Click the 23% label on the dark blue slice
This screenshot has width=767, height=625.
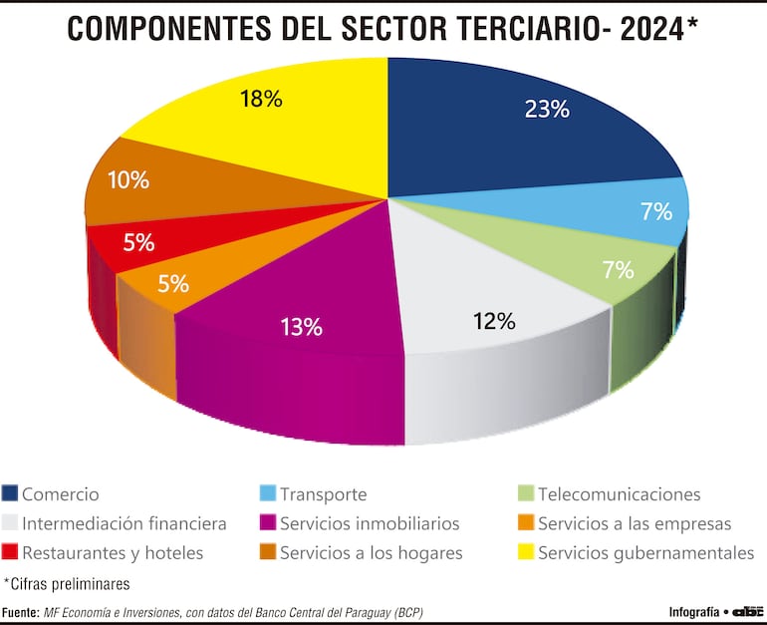[x=547, y=110]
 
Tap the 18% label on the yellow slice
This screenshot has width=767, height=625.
[x=262, y=100]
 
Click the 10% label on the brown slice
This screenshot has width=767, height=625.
[x=128, y=180]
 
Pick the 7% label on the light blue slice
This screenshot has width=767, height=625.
[x=655, y=211]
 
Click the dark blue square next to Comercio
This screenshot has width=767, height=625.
[x=11, y=493]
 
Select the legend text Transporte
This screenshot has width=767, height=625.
[x=323, y=494]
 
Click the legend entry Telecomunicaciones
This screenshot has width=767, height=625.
[x=619, y=494]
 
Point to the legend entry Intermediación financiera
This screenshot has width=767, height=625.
[x=124, y=523]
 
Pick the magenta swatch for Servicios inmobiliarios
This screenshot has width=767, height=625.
[x=268, y=523]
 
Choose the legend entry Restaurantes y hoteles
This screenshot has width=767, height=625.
[x=113, y=552]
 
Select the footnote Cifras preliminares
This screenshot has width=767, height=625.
[x=67, y=583]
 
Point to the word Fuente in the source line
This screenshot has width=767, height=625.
[x=20, y=612]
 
